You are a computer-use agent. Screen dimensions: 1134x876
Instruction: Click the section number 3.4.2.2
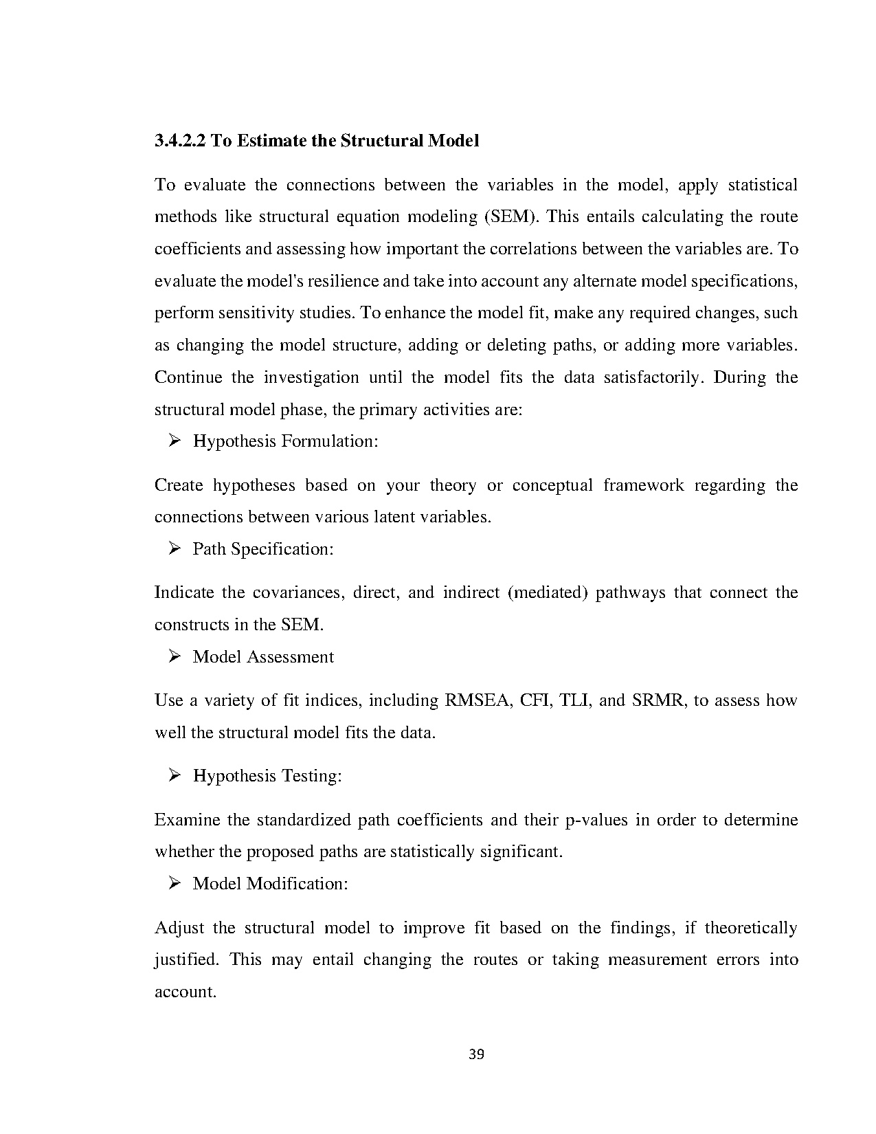pyautogui.click(x=180, y=141)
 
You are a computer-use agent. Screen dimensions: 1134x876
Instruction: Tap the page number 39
pyautogui.click(x=476, y=1054)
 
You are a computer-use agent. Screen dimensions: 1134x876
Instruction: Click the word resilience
pyautogui.click(x=344, y=281)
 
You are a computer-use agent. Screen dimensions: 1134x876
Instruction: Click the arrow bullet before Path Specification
pyautogui.click(x=174, y=548)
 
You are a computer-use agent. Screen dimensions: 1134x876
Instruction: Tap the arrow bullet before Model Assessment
pyautogui.click(x=174, y=656)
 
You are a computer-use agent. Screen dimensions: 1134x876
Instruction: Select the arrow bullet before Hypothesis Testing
pyautogui.click(x=174, y=775)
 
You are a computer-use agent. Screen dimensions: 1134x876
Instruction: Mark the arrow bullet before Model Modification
pyautogui.click(x=174, y=883)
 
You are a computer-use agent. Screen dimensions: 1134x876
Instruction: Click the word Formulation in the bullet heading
pyautogui.click(x=330, y=441)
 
